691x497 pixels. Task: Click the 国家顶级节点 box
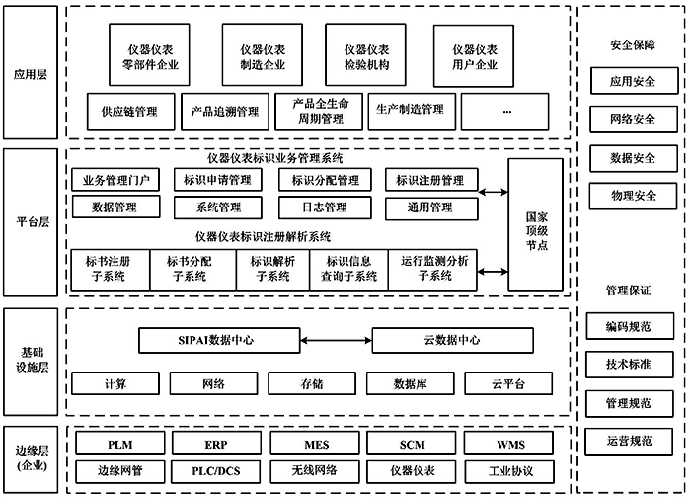pos(536,224)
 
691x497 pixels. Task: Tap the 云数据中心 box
pos(443,340)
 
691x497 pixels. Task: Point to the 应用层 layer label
pos(32,73)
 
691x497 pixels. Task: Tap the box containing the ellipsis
pos(506,112)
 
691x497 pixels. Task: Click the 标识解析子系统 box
pos(272,269)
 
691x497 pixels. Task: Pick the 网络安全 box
pos(633,120)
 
